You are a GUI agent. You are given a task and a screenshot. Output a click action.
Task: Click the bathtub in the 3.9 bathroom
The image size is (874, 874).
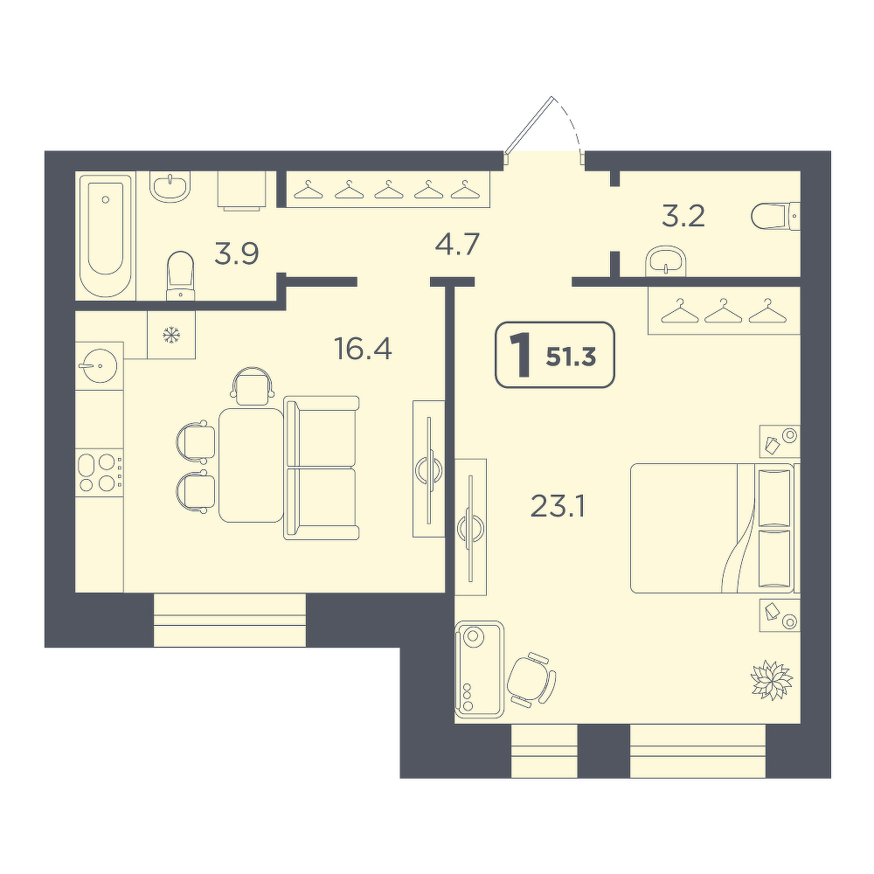tap(106, 235)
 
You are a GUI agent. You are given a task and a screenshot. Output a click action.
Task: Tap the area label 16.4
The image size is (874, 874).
tap(363, 350)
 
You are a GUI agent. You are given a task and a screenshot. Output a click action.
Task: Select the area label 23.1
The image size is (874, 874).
tap(558, 507)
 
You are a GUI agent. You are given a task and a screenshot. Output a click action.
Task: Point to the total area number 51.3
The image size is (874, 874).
tap(572, 357)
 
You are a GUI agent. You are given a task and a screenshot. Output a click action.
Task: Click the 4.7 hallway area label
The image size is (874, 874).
tap(457, 244)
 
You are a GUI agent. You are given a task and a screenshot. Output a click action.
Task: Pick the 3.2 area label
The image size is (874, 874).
tap(683, 216)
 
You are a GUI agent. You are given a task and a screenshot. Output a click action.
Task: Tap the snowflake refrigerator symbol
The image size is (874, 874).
tap(171, 335)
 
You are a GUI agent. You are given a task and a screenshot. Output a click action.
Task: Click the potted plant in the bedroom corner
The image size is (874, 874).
tap(772, 679)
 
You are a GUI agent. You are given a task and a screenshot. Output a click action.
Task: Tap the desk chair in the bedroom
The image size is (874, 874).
tap(531, 679)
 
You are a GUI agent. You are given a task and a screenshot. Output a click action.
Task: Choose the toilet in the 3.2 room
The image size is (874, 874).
tap(775, 216)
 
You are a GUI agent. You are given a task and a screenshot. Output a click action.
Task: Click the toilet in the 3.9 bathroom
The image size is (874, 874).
tap(180, 275)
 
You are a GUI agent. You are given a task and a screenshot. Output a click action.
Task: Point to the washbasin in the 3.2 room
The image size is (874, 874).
tap(666, 260)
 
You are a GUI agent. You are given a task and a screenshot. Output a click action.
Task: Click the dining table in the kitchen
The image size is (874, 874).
tap(251, 465)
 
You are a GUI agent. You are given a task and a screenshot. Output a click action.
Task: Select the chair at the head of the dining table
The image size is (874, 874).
tap(253, 385)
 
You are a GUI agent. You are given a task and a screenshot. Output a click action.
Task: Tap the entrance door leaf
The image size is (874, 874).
tap(529, 125)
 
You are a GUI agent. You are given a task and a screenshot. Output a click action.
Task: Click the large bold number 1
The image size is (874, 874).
tap(523, 355)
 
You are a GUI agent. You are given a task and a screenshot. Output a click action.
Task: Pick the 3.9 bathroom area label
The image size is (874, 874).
tap(237, 254)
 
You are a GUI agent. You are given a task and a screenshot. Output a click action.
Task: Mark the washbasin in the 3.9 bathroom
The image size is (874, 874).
tap(170, 185)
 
